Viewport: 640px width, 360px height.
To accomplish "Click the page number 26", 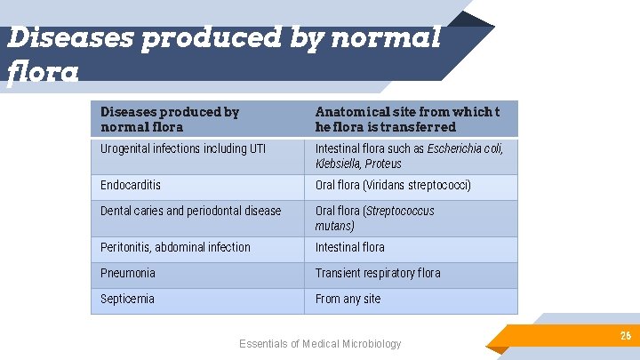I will pos(626,336).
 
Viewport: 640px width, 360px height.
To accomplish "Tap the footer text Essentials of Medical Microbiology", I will pos(320,344).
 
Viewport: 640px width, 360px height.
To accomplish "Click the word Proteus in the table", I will pos(383,164).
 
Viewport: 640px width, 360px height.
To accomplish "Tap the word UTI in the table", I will pos(257,148).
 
